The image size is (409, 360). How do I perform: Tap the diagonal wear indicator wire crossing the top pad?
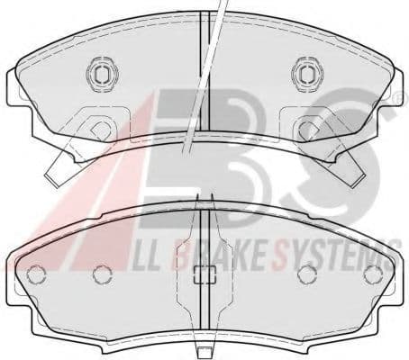tap(204, 78)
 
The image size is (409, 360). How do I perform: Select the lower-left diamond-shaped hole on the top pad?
tap(102, 130)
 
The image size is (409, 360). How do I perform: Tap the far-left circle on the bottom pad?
tap(36, 275)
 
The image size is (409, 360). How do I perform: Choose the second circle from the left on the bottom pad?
tap(103, 274)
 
